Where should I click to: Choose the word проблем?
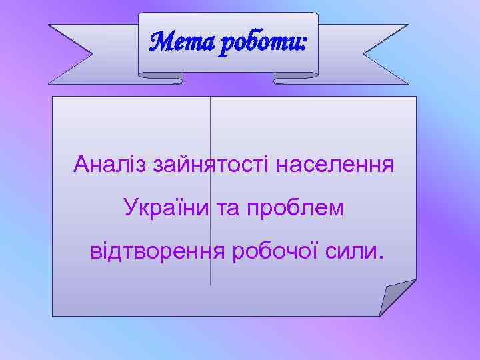click(295, 208)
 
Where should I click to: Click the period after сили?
click(381, 258)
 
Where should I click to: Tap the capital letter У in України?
click(129, 207)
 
